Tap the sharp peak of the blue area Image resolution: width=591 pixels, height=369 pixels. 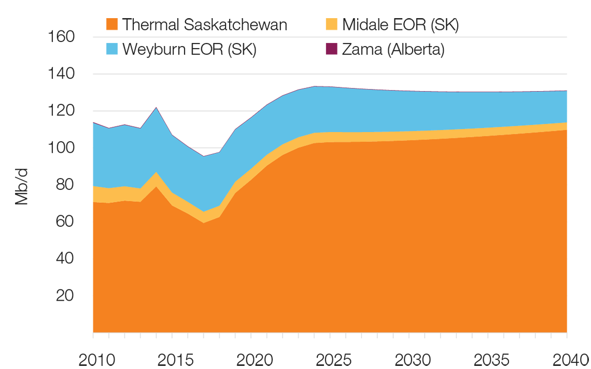click(156, 110)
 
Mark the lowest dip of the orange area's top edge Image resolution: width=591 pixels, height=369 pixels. click(204, 223)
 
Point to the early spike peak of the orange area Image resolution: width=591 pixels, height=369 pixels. click(156, 186)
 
